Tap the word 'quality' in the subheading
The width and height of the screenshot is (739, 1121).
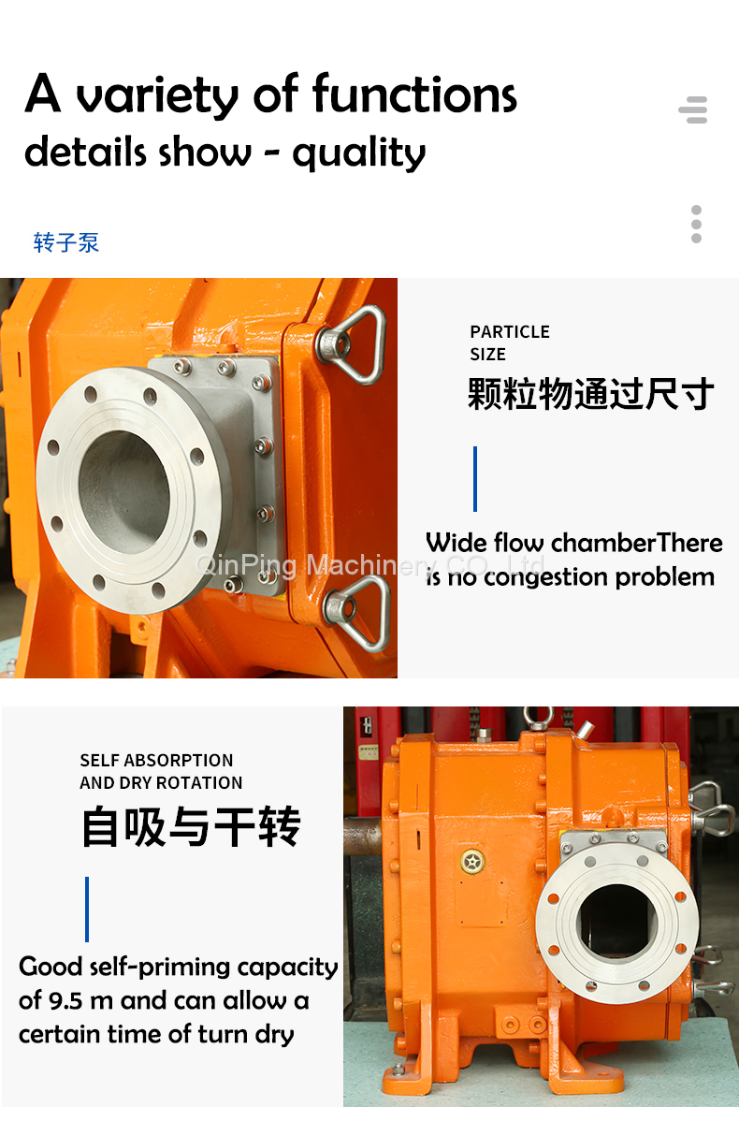(359, 153)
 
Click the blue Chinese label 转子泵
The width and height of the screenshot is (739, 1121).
(65, 242)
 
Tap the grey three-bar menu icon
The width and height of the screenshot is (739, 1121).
(693, 110)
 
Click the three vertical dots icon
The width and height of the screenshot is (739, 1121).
(696, 224)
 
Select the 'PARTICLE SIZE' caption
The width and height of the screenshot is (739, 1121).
(510, 343)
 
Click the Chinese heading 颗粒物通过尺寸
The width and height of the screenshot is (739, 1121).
(590, 394)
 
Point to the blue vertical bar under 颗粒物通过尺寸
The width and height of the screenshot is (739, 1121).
(475, 479)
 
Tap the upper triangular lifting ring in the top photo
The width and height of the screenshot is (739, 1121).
(355, 344)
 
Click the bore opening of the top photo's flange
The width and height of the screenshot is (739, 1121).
(123, 491)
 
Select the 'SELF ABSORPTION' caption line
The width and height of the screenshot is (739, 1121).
(156, 760)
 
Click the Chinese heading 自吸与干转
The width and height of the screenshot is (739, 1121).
(191, 826)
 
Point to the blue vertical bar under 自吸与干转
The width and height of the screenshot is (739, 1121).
(87, 910)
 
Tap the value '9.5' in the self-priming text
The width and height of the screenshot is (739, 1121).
(65, 1000)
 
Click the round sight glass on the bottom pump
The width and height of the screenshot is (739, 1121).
(472, 862)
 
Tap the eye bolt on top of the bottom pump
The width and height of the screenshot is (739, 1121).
(539, 717)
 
